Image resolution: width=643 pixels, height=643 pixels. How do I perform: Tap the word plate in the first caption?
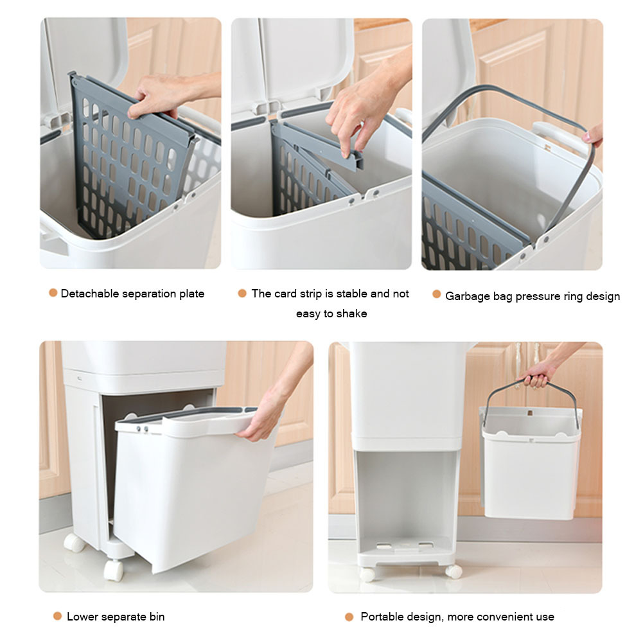coord(191,294)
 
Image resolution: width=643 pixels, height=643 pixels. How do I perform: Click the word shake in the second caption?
coord(351,313)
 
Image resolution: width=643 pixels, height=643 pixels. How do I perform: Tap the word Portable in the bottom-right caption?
coord(380,617)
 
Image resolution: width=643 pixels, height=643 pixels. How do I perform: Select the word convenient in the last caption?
coord(504,617)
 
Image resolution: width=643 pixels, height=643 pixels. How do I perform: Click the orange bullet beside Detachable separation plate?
coord(53,293)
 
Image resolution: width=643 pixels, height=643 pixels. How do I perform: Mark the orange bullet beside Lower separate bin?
coord(57,616)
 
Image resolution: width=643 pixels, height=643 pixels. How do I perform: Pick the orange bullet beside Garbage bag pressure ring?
coord(437,294)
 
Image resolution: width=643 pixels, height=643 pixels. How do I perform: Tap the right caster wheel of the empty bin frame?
coord(454,571)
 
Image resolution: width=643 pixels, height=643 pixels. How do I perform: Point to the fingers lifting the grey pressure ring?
coord(593,136)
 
